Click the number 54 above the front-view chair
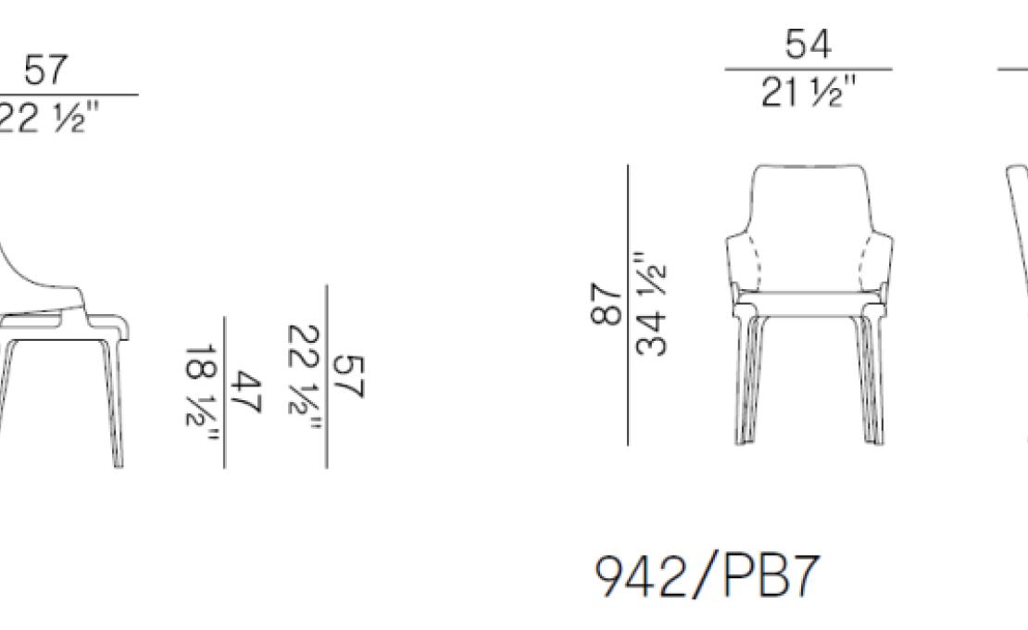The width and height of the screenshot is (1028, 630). point(808,44)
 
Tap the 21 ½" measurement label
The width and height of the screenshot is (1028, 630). point(809,92)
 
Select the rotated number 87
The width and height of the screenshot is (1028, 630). point(606,304)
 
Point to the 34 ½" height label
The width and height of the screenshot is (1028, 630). point(651,303)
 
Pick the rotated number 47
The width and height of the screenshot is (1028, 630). point(246,391)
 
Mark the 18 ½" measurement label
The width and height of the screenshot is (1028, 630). point(201,393)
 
